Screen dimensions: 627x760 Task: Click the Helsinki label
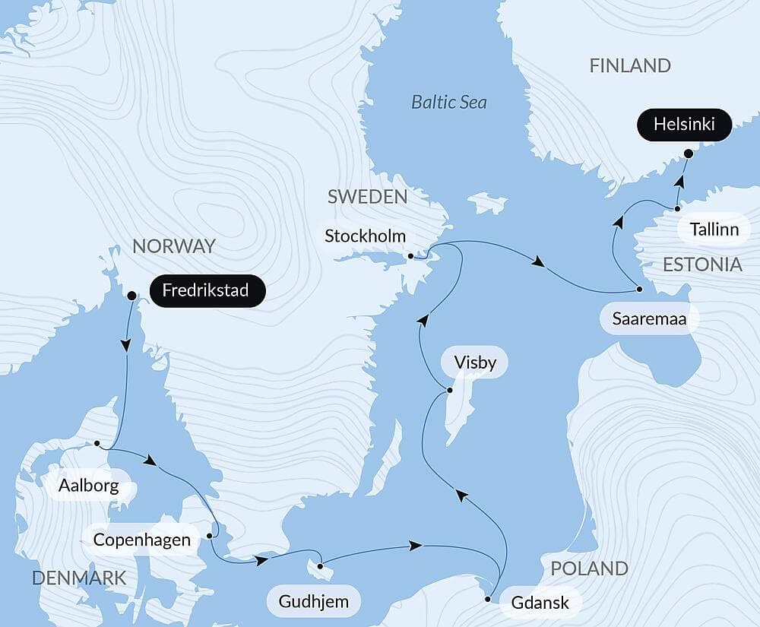click(x=685, y=125)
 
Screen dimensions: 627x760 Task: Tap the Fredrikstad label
click(x=207, y=291)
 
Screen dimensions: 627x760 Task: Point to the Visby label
click(x=474, y=363)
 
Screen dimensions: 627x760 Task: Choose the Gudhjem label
click(x=314, y=603)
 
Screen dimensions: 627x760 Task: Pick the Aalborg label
click(x=90, y=486)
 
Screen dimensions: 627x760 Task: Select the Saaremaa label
click(x=649, y=318)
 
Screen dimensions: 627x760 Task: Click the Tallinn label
click(x=714, y=229)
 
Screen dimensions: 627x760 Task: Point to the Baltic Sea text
click(x=449, y=102)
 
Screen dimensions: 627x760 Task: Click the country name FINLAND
click(x=630, y=66)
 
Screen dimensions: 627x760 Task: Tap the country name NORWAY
click(x=174, y=246)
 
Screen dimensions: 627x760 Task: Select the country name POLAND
click(x=589, y=568)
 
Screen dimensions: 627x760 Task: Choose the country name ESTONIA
click(x=702, y=264)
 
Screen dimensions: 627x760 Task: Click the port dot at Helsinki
click(x=689, y=154)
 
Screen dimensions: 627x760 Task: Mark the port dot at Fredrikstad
click(x=131, y=296)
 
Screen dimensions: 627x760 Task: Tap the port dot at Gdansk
click(x=487, y=600)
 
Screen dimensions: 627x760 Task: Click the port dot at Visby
click(x=449, y=391)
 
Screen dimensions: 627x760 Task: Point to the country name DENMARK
click(x=79, y=578)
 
